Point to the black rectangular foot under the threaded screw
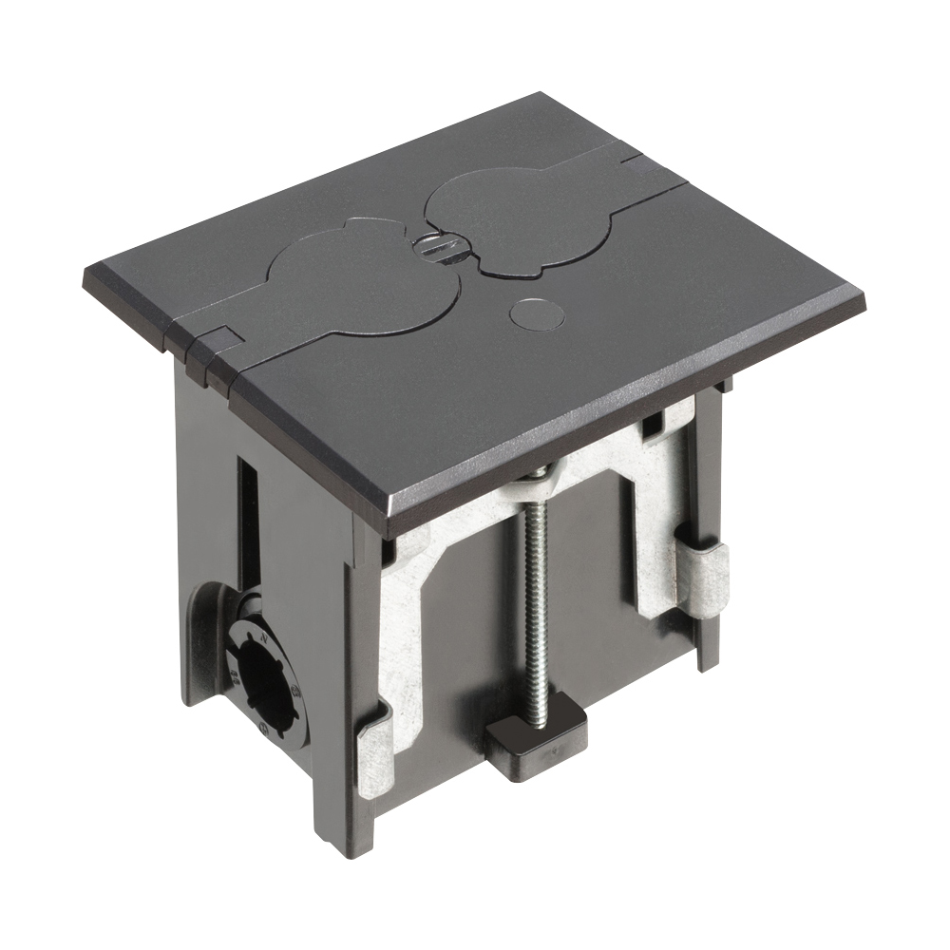pos(535,735)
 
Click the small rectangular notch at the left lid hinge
pos(221,338)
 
